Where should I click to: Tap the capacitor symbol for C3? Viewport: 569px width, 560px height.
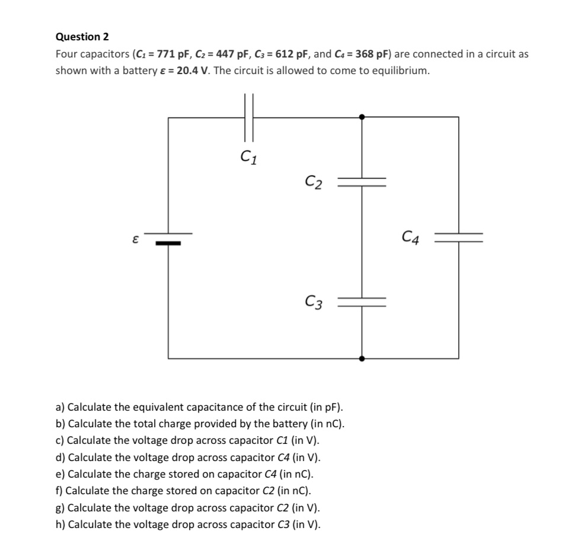point(362,302)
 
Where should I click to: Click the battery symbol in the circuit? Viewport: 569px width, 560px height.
point(168,238)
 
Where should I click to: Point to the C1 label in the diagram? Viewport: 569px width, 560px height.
point(249,158)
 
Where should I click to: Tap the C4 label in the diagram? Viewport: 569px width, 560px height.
point(411,239)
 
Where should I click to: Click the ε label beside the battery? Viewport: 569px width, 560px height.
point(136,240)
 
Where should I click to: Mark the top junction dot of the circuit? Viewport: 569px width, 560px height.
point(362,117)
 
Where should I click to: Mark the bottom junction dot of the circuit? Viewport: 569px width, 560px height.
point(362,359)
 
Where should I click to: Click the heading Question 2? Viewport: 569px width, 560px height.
point(82,37)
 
